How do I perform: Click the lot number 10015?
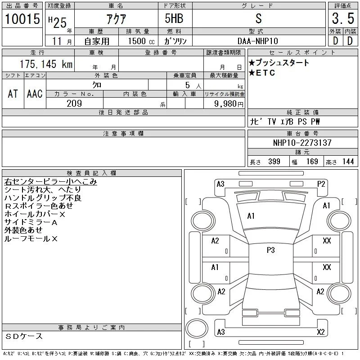click(22, 19)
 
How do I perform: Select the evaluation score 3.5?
click(343, 18)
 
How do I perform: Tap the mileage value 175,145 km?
click(46, 64)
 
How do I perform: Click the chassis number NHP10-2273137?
click(302, 143)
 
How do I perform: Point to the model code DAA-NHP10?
click(258, 41)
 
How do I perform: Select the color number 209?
click(74, 103)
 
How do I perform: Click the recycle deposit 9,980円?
click(229, 104)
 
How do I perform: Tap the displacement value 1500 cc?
click(141, 41)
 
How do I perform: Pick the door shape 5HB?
click(174, 18)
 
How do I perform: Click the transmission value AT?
click(13, 94)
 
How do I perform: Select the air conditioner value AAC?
click(35, 94)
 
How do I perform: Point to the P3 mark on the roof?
click(271, 250)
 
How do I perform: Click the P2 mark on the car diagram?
click(321, 184)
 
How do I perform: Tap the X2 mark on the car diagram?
click(321, 332)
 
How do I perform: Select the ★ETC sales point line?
click(262, 73)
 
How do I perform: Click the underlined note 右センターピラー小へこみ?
click(50, 182)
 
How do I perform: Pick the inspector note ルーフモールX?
click(31, 239)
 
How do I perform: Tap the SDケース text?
click(24, 336)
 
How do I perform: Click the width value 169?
click(312, 162)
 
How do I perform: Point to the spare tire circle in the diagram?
click(197, 328)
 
